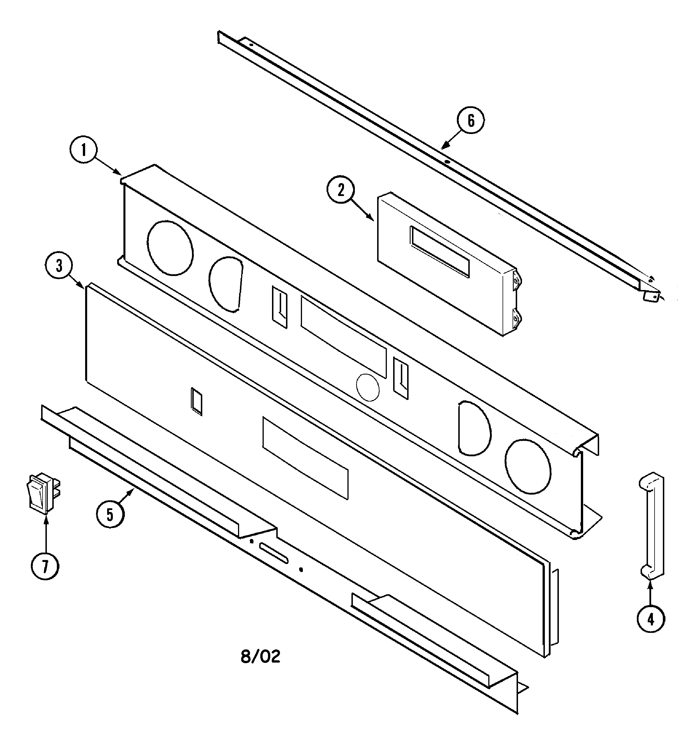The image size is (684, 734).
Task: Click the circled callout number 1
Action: (x=83, y=150)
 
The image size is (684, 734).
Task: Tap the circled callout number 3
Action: (x=59, y=266)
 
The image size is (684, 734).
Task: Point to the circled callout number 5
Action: (x=110, y=514)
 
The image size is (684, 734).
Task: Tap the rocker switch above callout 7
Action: (x=43, y=494)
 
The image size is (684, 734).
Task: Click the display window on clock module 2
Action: (x=439, y=251)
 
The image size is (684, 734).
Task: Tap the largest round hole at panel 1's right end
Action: (x=528, y=467)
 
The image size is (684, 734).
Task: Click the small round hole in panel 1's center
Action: (x=368, y=388)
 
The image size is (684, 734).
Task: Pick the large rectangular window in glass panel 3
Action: (x=305, y=458)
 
